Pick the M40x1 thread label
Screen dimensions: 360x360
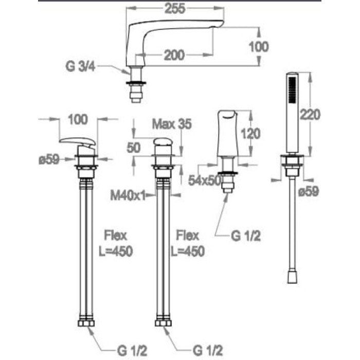tap(128, 195)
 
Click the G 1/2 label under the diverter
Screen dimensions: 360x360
tap(244, 236)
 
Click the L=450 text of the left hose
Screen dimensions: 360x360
tap(115, 251)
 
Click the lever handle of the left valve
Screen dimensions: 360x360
tap(77, 141)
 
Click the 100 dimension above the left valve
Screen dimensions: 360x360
tap(77, 120)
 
